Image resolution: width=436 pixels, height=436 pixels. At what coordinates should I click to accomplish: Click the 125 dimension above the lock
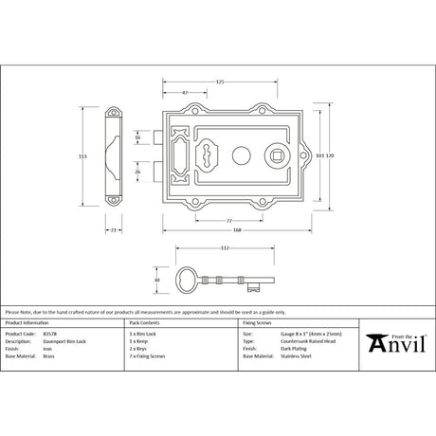pos(220,82)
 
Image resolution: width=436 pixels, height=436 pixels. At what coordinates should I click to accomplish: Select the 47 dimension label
pos(183,93)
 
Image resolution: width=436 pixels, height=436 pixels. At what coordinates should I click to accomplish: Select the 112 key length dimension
pos(224,248)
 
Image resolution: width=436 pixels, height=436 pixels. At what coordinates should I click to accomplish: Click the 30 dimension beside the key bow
pos(156,280)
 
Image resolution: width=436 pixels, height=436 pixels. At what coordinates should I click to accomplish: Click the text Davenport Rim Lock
pos(63,341)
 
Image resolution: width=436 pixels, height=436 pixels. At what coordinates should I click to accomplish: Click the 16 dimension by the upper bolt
pos(137,137)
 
